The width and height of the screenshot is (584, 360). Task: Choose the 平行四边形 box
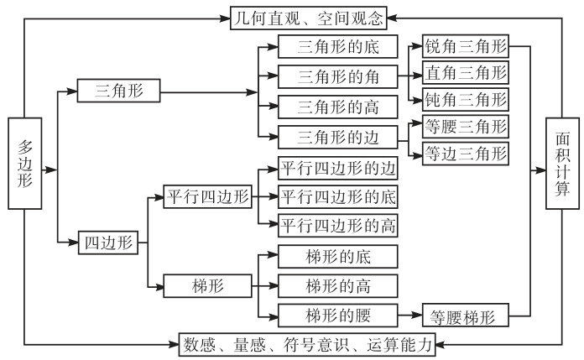pyautogui.click(x=207, y=197)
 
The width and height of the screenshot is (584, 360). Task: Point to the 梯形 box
pyautogui.click(x=207, y=285)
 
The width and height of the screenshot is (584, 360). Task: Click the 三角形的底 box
pyautogui.click(x=337, y=47)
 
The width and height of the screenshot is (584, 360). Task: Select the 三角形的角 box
pyautogui.click(x=337, y=77)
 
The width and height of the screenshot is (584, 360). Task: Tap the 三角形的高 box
pyautogui.click(x=337, y=107)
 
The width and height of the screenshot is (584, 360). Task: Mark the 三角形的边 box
pyautogui.click(x=337, y=136)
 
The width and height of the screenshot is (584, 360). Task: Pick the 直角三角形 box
pyautogui.click(x=466, y=72)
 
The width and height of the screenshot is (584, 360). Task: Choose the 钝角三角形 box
pyautogui.click(x=466, y=98)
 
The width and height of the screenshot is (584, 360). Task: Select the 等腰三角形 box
pyautogui.click(x=466, y=127)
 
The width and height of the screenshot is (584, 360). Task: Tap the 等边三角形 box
pyautogui.click(x=466, y=153)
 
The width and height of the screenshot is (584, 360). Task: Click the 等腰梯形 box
pyautogui.click(x=466, y=316)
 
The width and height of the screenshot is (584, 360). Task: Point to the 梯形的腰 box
pyautogui.click(x=337, y=316)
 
